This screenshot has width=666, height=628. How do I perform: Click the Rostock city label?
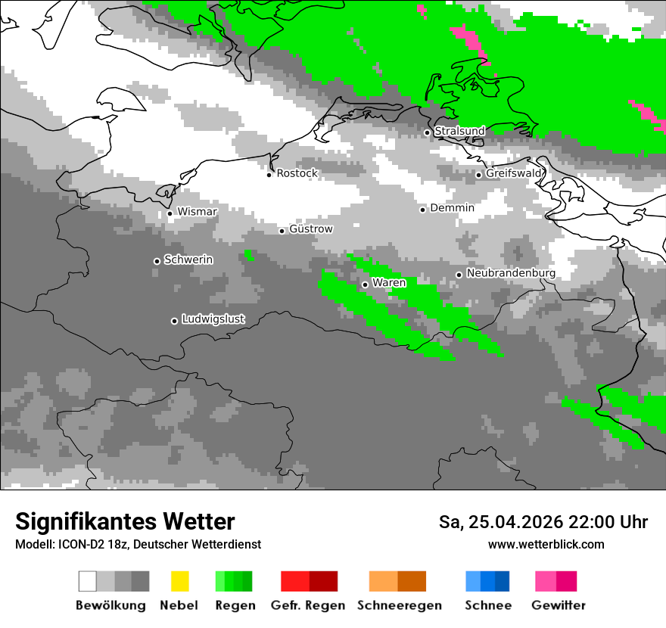297,173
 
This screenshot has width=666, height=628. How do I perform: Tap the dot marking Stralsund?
427,132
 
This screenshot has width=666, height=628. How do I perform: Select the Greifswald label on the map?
514,173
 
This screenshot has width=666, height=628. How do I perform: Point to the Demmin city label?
452,208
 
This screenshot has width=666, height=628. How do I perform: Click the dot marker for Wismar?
170,213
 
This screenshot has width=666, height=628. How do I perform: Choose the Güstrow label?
311,229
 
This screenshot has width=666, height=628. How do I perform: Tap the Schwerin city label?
188,260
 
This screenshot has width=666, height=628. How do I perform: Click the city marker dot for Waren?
365,284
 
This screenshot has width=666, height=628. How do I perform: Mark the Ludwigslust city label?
213,319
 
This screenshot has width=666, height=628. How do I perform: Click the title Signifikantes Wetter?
125,521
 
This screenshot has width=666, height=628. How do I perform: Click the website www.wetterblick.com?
546,544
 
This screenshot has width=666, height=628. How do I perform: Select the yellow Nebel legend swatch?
179,581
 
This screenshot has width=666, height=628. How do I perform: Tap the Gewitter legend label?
559,605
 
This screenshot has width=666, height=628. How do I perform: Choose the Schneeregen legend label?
399,605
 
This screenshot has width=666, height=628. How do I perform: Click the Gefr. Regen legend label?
307,605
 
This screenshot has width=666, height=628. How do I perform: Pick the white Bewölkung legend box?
88,581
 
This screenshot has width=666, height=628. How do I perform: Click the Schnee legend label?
488,605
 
